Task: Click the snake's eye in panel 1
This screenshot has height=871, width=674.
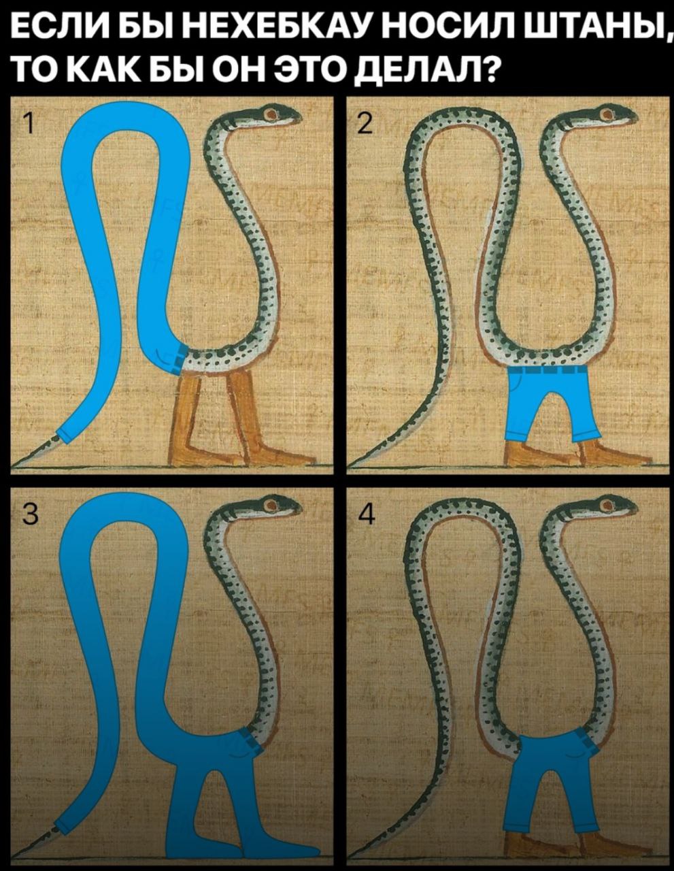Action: [x=273, y=114]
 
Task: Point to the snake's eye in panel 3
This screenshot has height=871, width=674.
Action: [x=273, y=505]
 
